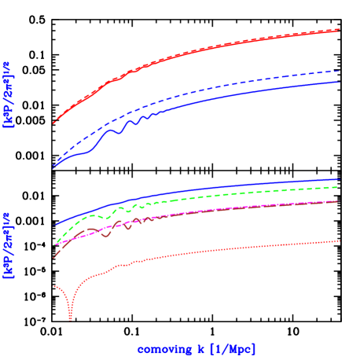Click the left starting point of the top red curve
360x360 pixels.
coord(53,123)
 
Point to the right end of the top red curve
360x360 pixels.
coord(339,30)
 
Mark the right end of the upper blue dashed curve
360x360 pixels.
coord(339,71)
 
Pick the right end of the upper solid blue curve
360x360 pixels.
coord(339,82)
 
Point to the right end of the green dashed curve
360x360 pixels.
coord(339,187)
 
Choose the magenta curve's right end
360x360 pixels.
coord(339,201)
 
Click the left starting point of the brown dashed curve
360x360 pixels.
coord(54,257)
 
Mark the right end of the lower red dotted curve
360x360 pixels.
coord(339,241)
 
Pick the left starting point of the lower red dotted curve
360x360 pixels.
coord(53,286)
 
